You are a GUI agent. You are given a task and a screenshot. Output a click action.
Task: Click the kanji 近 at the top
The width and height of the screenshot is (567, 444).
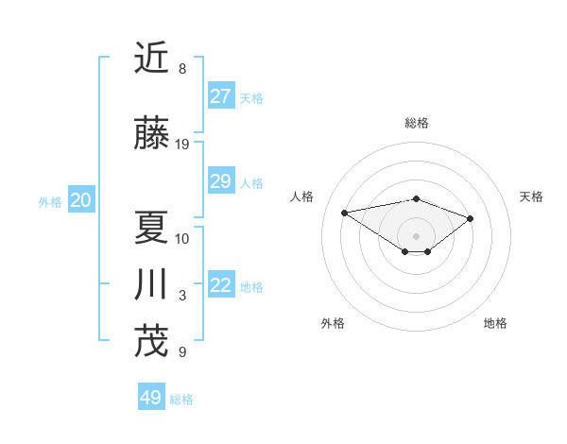[x=151, y=58]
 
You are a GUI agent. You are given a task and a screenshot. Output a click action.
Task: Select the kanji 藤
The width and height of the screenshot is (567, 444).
[x=151, y=134]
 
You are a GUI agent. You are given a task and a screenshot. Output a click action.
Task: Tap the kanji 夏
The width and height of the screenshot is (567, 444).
[x=151, y=227]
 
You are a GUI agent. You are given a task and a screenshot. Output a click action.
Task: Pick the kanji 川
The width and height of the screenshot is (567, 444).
[x=151, y=284]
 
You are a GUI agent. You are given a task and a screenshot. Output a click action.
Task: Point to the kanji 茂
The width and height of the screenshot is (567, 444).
[x=151, y=341]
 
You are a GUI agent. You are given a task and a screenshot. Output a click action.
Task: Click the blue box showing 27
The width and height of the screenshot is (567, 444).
[x=221, y=96]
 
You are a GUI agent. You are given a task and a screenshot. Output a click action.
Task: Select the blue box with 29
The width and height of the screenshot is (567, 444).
[x=221, y=181]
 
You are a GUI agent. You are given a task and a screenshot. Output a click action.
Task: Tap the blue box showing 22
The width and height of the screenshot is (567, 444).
[x=221, y=285]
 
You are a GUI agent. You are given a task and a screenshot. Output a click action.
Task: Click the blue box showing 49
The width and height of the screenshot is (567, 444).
[x=151, y=398]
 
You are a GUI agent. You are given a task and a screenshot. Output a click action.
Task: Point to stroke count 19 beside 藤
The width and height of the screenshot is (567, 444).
[x=182, y=145]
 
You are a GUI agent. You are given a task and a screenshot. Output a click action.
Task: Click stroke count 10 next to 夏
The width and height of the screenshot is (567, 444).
[x=182, y=238]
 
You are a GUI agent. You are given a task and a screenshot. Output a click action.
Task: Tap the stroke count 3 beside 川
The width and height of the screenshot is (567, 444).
[x=182, y=296]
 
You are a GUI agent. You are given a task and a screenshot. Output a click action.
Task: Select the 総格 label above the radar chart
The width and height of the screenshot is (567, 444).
[x=416, y=123]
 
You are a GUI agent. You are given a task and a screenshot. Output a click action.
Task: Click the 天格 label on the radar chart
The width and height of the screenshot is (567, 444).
[x=531, y=196]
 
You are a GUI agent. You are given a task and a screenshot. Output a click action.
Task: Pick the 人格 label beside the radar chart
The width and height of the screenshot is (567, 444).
[x=302, y=196]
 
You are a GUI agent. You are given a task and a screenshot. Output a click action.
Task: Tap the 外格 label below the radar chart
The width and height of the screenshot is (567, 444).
[x=333, y=323]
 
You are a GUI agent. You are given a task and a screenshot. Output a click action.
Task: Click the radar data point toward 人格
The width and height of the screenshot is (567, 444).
[x=344, y=212]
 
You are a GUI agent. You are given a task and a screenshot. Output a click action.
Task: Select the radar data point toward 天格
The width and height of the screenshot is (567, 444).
[x=470, y=218]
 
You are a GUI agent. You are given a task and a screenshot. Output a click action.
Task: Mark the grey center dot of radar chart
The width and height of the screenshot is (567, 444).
[x=416, y=235]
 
